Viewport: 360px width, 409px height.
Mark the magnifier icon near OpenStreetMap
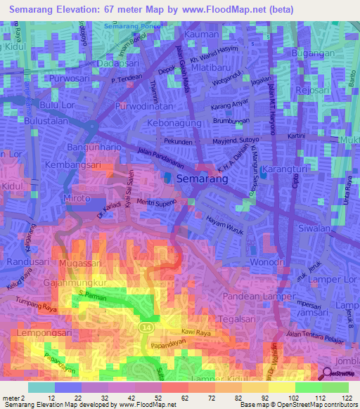(x=327, y=373)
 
